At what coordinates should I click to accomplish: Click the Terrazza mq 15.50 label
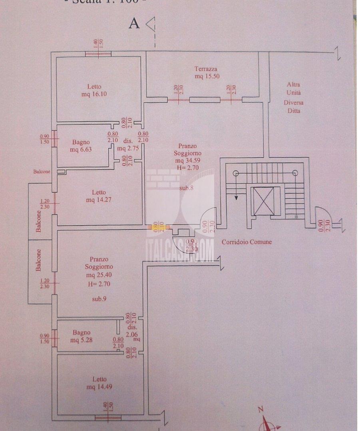(x=207, y=72)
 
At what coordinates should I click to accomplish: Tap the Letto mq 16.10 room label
(x=94, y=90)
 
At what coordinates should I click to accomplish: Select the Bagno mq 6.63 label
(x=81, y=146)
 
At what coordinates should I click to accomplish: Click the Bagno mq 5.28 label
(x=82, y=336)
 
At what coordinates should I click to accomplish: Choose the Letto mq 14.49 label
(x=99, y=383)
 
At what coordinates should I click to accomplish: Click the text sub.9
(x=99, y=299)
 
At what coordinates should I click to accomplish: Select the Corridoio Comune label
(x=247, y=242)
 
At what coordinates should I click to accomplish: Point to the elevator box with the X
(x=264, y=201)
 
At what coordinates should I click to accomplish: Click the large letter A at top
(x=134, y=24)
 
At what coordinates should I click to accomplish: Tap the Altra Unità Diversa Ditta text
(x=293, y=98)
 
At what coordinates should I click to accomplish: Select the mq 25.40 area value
(x=99, y=275)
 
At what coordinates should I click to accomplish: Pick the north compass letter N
(x=261, y=409)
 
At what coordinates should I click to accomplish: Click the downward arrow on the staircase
(x=236, y=196)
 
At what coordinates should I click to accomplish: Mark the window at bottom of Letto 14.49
(x=108, y=418)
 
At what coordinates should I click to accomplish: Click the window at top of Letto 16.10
(x=98, y=54)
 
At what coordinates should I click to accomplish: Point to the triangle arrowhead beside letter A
(x=151, y=24)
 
